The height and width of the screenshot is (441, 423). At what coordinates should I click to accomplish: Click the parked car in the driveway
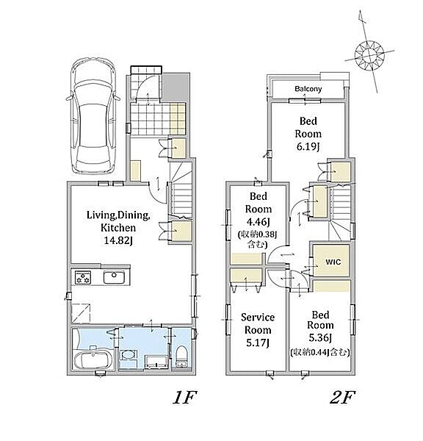[93, 116]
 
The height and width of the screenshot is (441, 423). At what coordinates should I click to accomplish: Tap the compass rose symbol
[369, 54]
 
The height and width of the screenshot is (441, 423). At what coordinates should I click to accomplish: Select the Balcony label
[308, 89]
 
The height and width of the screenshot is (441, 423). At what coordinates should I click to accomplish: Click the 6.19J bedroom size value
[308, 146]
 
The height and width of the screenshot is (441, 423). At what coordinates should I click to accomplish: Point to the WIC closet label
[333, 262]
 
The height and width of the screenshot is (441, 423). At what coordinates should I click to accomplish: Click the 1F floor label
[184, 397]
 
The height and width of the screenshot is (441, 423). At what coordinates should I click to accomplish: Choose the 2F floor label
[342, 397]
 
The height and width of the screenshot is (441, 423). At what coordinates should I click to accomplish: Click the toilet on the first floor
[182, 355]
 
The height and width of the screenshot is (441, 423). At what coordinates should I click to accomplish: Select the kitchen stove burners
[83, 277]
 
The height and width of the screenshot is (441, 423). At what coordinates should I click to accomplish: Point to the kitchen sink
[114, 277]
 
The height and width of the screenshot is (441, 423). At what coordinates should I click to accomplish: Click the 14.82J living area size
[118, 240]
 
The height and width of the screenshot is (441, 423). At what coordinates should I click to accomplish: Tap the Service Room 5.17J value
[258, 343]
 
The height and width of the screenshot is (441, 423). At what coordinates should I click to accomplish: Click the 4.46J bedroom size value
[258, 222]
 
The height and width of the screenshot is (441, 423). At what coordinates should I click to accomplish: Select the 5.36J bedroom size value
[320, 337]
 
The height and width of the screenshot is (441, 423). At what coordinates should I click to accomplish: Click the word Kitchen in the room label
[118, 228]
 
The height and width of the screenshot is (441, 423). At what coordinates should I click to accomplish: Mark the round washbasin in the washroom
[129, 355]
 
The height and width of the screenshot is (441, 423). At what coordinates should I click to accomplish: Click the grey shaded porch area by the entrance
[176, 87]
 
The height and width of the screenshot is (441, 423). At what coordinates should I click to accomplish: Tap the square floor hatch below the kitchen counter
[81, 313]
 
